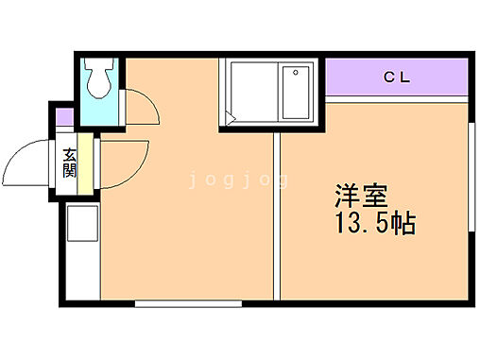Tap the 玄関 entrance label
tap(70, 163)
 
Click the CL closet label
tap(397, 77)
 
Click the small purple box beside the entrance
tap(64, 119)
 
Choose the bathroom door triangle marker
tap(231, 119)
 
